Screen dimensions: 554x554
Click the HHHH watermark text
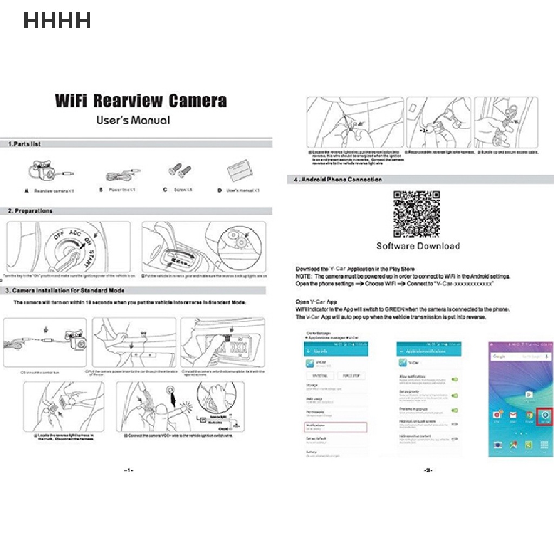tap(57, 21)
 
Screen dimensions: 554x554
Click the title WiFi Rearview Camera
tap(141, 101)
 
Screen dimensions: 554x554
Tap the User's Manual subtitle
tap(133, 120)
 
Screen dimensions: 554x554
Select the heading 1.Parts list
tap(24, 144)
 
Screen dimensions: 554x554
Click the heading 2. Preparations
tap(30, 211)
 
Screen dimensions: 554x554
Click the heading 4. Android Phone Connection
tap(338, 180)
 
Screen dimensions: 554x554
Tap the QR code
tap(417, 214)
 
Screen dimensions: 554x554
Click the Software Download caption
tap(418, 246)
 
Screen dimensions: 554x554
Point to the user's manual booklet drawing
tap(241, 173)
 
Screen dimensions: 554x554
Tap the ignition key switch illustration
tap(68, 247)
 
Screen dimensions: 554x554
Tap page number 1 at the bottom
tap(128, 471)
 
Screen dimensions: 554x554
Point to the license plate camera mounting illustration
tap(223, 342)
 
